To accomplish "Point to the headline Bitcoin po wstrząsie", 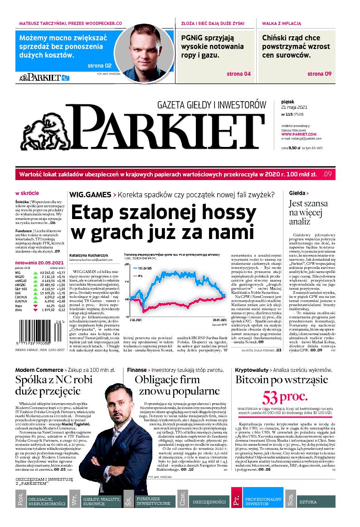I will pos(284,380).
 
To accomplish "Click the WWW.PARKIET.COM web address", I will pos(298,134).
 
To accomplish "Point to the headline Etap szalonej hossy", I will pos(163,223).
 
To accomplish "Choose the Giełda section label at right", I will pos(299,193).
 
